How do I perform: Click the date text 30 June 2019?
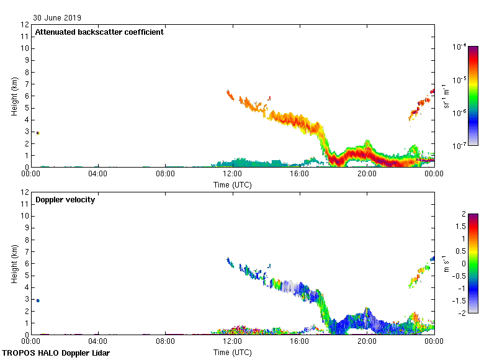tap(57, 18)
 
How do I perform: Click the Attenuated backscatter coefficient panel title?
tap(99, 32)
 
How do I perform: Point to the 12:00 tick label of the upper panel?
tap(232, 174)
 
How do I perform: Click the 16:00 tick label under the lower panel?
tap(299, 341)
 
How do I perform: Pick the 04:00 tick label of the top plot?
tap(98, 174)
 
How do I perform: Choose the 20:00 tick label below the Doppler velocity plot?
tap(366, 341)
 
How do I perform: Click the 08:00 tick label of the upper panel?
tap(165, 174)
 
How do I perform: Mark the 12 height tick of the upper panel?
tap(25, 25)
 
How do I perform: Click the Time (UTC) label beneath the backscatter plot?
tap(233, 184)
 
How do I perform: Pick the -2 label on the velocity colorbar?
tap(462, 313)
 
